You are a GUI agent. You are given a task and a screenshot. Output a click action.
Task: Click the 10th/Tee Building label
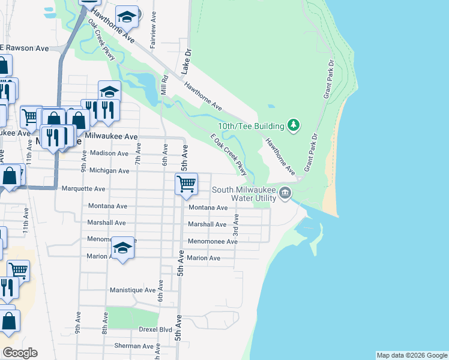click(251, 125)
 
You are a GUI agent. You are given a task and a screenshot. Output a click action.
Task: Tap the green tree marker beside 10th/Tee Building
click(294, 125)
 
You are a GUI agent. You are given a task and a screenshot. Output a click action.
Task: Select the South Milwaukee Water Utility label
click(244, 194)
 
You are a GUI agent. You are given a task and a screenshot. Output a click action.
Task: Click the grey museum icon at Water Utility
click(285, 194)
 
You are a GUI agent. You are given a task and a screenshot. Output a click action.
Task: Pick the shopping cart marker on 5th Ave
click(187, 184)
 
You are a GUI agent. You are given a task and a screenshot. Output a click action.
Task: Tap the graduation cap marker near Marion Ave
click(122, 249)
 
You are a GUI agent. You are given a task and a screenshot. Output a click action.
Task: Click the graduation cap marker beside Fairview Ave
click(127, 18)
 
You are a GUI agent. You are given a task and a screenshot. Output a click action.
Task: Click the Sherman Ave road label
click(134, 346)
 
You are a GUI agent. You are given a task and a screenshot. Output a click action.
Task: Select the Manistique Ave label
click(133, 290)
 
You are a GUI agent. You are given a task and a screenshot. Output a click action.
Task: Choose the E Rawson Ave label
click(24, 48)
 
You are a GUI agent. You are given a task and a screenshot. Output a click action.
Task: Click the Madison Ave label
click(109, 153)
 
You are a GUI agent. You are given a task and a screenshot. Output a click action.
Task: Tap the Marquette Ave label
click(83, 188)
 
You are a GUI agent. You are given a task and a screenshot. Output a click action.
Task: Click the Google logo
click(20, 353)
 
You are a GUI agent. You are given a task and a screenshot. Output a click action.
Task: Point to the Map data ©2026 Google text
click(411, 355)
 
